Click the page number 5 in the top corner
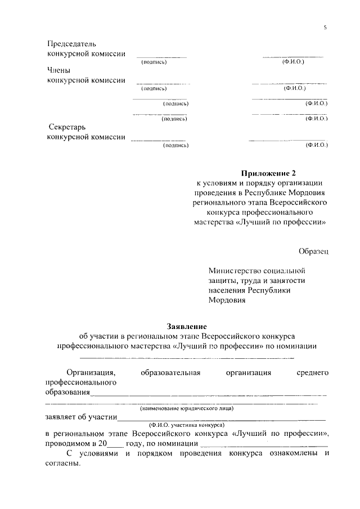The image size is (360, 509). pos(325,27)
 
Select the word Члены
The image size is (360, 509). pos(58,70)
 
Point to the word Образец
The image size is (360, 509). pos(313,250)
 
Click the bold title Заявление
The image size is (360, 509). pos(187,326)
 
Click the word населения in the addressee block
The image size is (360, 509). pos(226,290)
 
